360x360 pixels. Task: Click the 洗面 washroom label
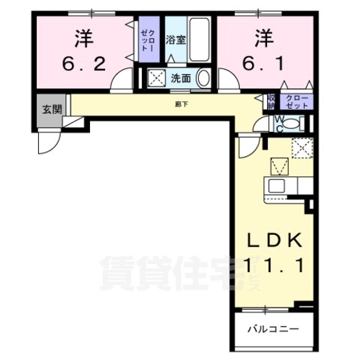[180, 76]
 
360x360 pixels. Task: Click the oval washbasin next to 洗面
[206, 76]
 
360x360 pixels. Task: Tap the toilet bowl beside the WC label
[256, 121]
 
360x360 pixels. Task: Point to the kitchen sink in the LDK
[274, 185]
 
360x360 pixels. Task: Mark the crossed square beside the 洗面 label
[157, 76]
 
